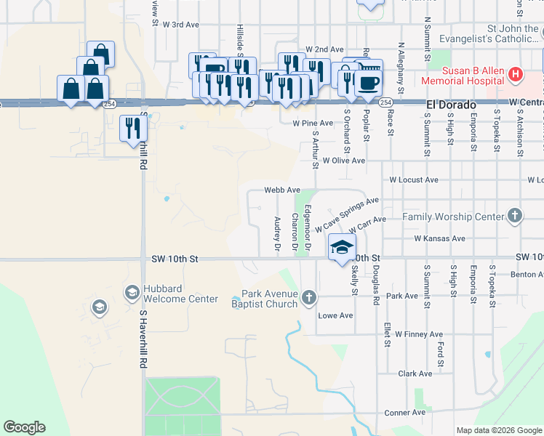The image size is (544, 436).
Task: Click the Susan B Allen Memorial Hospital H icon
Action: [x=516, y=74]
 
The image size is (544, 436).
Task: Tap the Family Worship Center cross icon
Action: [x=515, y=216]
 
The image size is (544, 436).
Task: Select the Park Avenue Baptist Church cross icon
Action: [x=309, y=296]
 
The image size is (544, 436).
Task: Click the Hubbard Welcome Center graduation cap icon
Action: [x=132, y=292]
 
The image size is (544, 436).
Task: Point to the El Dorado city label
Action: [x=450, y=106]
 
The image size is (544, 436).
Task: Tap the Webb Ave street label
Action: [x=282, y=190]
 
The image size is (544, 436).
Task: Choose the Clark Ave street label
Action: [x=415, y=374]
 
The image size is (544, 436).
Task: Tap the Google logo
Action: [x=24, y=427]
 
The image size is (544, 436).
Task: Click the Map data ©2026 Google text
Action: [x=498, y=430]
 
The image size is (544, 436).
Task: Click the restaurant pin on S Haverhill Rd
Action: [x=133, y=129]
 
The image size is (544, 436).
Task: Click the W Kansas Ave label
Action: [x=439, y=238]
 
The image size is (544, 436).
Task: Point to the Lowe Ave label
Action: [x=335, y=315]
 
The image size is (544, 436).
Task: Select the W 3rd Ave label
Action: [x=181, y=24]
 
